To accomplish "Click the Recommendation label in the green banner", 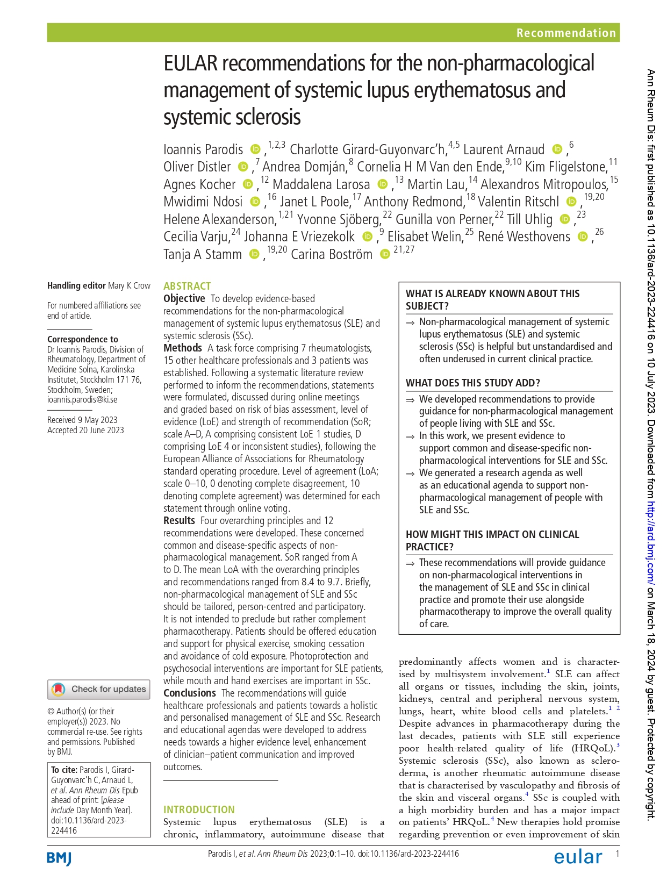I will pyautogui.click(x=565, y=33).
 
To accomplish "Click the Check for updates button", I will pyautogui.click(x=99, y=689).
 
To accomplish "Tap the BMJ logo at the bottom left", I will pyautogui.click(x=59, y=858).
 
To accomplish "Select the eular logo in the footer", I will pyautogui.click(x=578, y=857).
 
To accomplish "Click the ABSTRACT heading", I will pyautogui.click(x=187, y=286).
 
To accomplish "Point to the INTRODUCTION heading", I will pyautogui.click(x=199, y=809).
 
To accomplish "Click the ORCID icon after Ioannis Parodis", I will pyautogui.click(x=256, y=149).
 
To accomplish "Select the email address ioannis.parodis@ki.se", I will pyautogui.click(x=82, y=399).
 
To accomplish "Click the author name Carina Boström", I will pyautogui.click(x=331, y=254).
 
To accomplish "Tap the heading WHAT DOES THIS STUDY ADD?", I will pyautogui.click(x=472, y=383).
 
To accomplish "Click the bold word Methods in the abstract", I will pyautogui.click(x=183, y=348).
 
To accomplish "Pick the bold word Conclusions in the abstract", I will pyautogui.click(x=190, y=693).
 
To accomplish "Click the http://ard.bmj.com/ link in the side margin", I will pyautogui.click(x=651, y=543).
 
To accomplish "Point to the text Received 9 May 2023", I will pyautogui.click(x=82, y=420).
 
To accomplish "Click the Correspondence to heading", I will pyautogui.click(x=82, y=339).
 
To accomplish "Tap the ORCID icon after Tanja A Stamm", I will pyautogui.click(x=254, y=254).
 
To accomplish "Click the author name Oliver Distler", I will pyautogui.click(x=197, y=167).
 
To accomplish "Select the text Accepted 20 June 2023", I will pyautogui.click(x=85, y=430).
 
